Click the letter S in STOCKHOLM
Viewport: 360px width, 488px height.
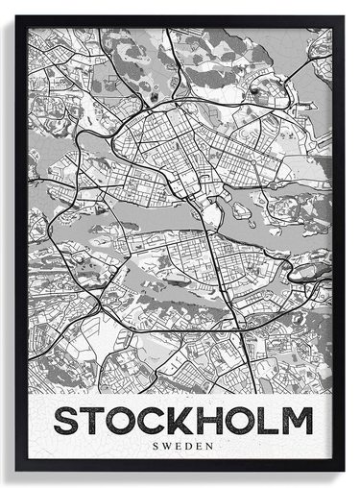pyautogui.click(x=68, y=421)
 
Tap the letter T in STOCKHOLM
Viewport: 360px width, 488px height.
pyautogui.click(x=97, y=421)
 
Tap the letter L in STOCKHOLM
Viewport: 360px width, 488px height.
pyautogui.click(x=275, y=421)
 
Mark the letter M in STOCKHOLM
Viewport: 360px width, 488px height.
pyautogui.click(x=300, y=421)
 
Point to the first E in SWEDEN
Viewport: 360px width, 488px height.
pyautogui.click(x=180, y=446)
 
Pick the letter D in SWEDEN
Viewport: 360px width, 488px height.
pyautogui.click(x=190, y=446)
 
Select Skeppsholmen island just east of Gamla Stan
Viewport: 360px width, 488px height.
pyautogui.click(x=240, y=209)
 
